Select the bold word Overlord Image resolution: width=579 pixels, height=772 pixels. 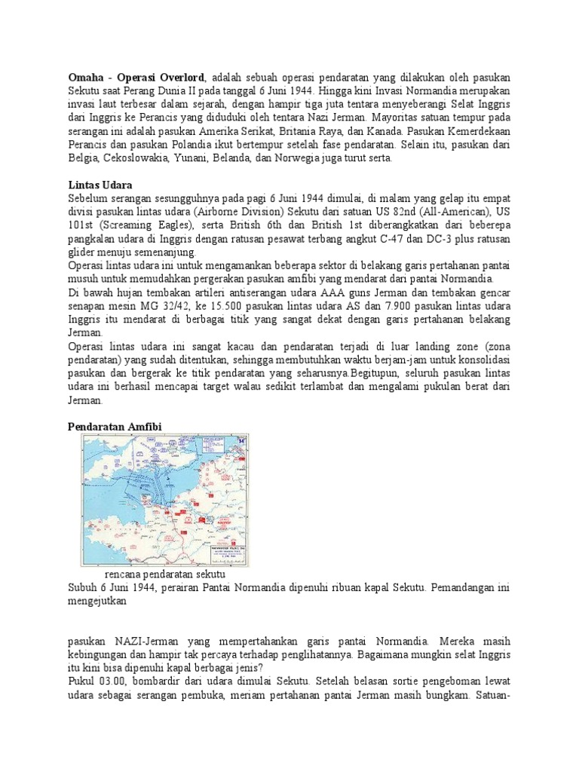180,78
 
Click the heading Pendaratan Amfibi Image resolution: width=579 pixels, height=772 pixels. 115,427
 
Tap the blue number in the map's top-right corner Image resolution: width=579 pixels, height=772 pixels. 240,440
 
